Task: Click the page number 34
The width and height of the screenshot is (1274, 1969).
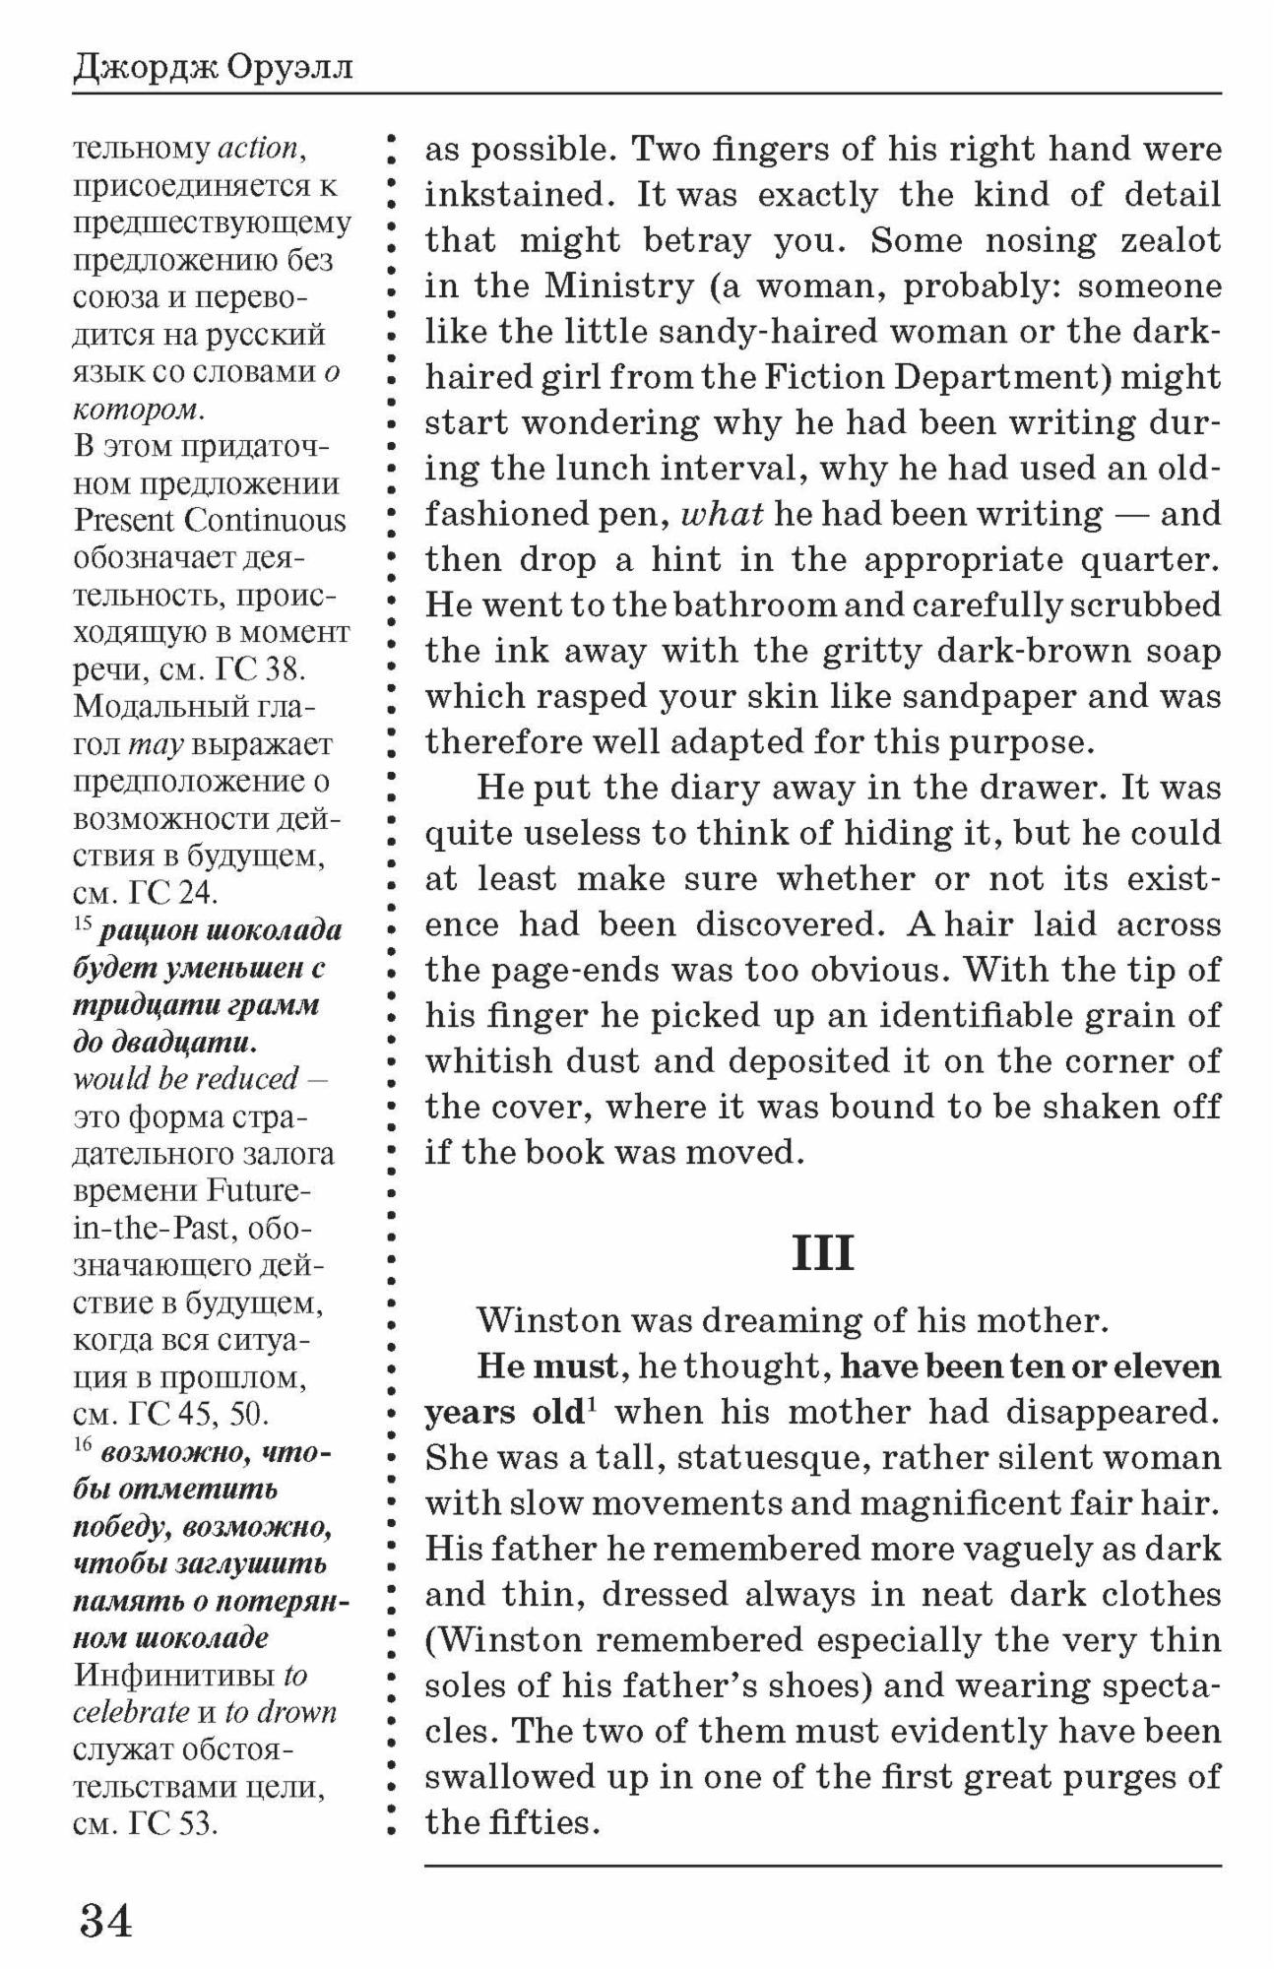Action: [105, 1920]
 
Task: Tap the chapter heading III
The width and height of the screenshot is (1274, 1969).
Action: [822, 1253]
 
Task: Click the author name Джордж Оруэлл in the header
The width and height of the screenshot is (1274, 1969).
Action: [213, 67]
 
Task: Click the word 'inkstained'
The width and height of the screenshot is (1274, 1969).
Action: [517, 195]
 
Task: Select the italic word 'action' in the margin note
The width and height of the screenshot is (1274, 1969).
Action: [257, 149]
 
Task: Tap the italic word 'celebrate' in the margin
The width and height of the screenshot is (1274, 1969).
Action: [131, 1712]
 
